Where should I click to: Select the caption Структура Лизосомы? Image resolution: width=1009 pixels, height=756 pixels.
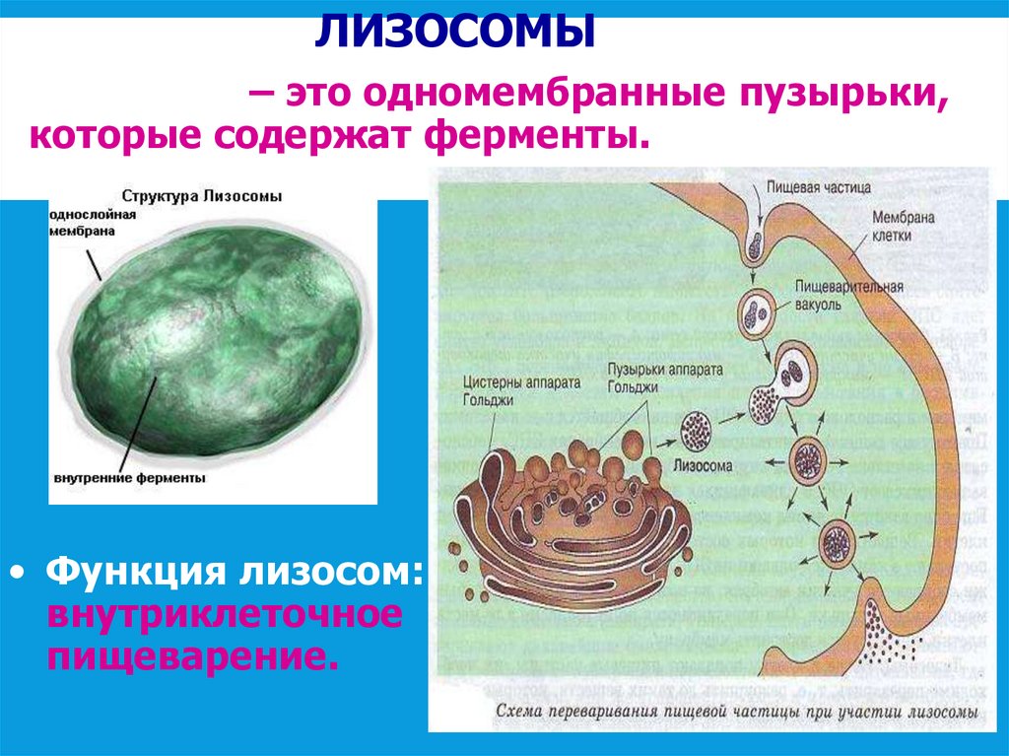click(x=201, y=196)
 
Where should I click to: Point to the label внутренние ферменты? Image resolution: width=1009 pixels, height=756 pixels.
click(x=128, y=478)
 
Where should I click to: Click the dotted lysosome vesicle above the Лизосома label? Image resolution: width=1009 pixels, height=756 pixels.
click(x=699, y=430)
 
